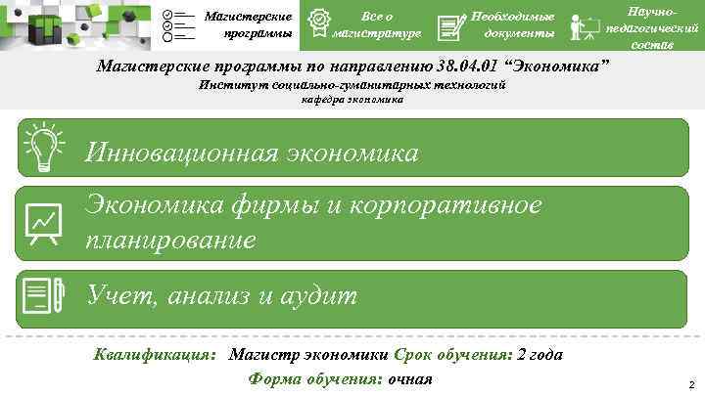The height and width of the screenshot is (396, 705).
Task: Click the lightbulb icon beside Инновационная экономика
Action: coord(42,148)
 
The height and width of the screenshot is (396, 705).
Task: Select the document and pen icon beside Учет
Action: coord(42,295)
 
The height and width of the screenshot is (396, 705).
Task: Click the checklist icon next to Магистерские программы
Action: coord(177,25)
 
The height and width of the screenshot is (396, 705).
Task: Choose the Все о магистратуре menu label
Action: coord(377,25)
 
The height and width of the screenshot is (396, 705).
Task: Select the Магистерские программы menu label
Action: coord(248,25)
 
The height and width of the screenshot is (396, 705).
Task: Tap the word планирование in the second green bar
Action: coord(171,240)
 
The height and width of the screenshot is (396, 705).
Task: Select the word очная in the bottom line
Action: coord(410,378)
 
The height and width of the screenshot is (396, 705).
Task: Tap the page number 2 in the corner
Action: coord(691,384)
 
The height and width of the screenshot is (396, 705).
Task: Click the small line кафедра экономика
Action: coord(352,100)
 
